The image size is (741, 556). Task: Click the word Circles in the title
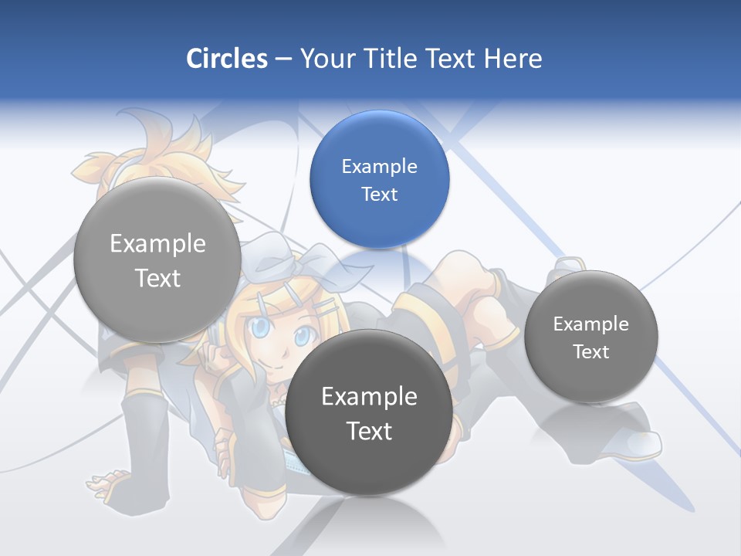[x=226, y=59]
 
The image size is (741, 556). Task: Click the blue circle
[x=379, y=179]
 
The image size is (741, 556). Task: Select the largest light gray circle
[x=157, y=260]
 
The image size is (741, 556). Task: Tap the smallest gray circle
[x=590, y=337]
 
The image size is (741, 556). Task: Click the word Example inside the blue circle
[x=379, y=166]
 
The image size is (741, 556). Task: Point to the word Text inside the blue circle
[x=379, y=194]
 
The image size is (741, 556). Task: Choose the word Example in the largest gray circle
[x=157, y=244]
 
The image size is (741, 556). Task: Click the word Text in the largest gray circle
[x=157, y=278]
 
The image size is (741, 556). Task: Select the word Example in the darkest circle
[x=369, y=397]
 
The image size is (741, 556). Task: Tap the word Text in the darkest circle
[x=369, y=431]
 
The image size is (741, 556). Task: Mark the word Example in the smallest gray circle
[x=590, y=324]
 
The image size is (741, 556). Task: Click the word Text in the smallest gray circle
[x=590, y=351]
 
